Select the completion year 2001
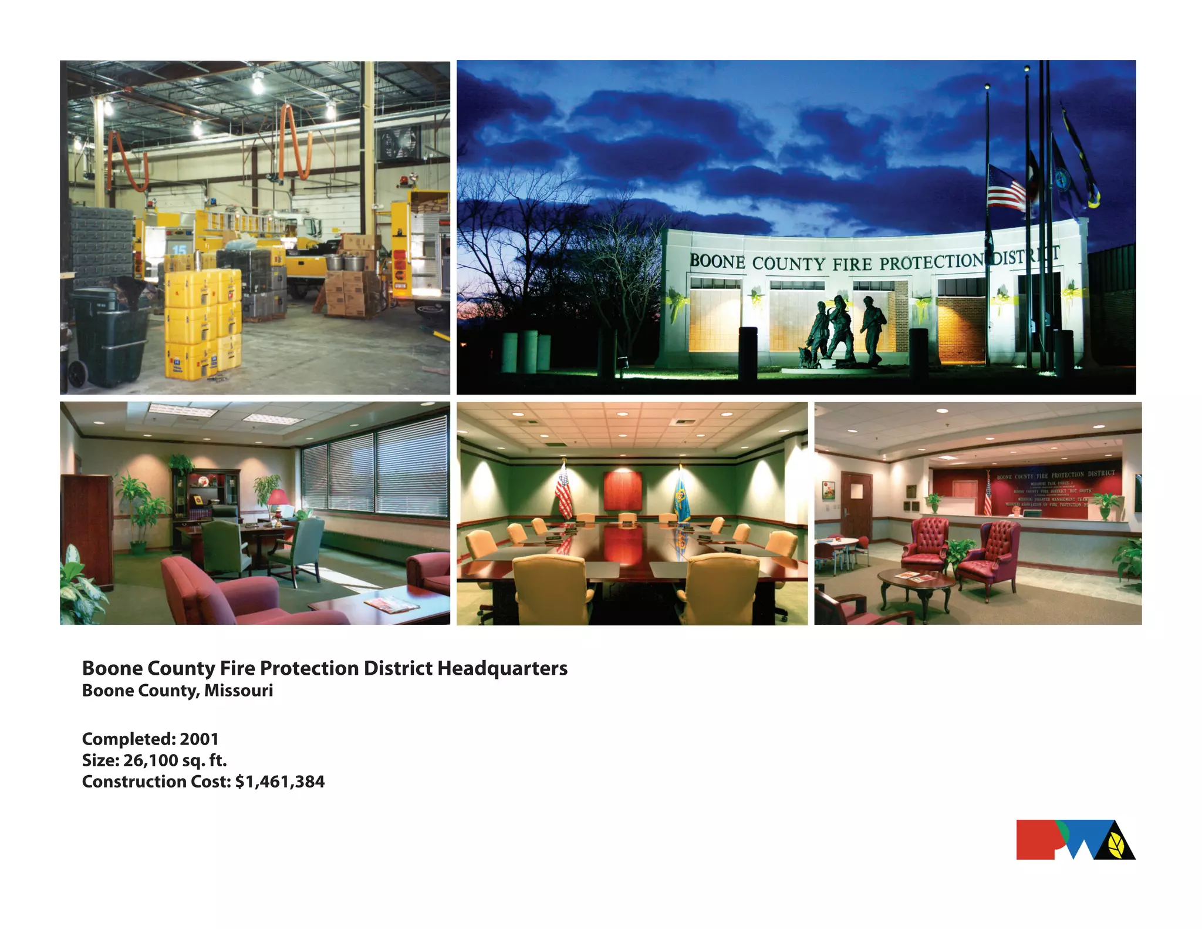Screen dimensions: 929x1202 click(x=199, y=739)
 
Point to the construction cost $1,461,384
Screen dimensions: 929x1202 click(x=279, y=782)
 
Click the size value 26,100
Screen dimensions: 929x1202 click(x=151, y=760)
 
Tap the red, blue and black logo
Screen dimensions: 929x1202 click(x=1075, y=840)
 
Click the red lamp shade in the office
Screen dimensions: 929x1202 click(x=278, y=497)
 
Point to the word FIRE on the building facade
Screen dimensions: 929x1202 click(x=852, y=264)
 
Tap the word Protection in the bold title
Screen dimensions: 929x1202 click(x=309, y=668)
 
